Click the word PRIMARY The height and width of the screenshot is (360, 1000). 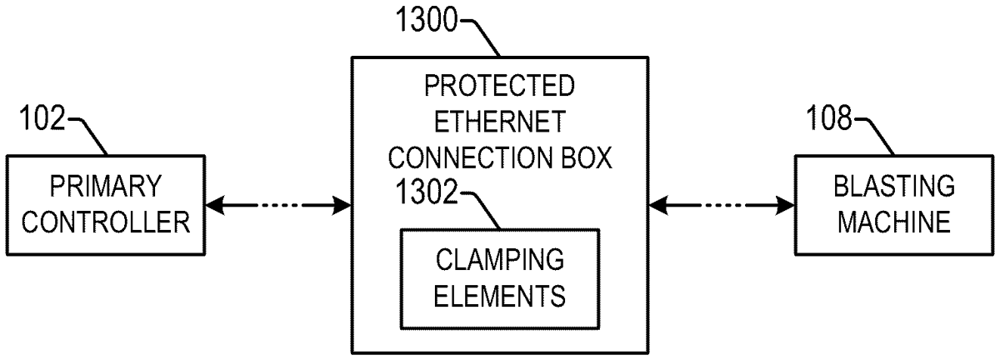104,184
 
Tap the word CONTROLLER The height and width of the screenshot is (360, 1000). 104,222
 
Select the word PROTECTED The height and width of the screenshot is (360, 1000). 499,85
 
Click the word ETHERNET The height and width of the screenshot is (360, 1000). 499,121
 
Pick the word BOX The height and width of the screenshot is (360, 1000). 583,158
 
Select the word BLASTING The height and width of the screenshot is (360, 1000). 893,184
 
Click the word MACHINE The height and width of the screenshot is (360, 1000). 893,222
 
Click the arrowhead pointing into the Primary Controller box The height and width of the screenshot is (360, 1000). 214,203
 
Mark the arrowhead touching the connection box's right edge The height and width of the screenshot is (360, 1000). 657,203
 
